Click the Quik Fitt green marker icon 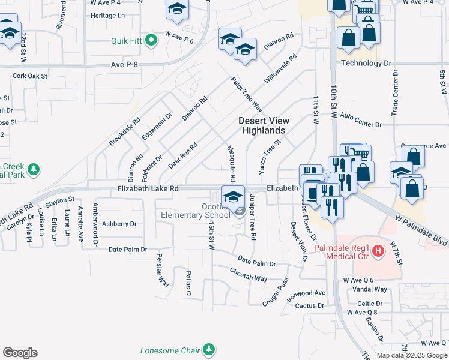151,41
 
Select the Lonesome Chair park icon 208,349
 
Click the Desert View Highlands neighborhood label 262,125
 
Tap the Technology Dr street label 366,63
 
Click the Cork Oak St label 29,76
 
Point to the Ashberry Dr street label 119,224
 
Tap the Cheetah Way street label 249,274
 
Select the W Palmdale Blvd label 420,227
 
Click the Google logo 20,353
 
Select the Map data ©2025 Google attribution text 412,355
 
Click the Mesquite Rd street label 232,163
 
